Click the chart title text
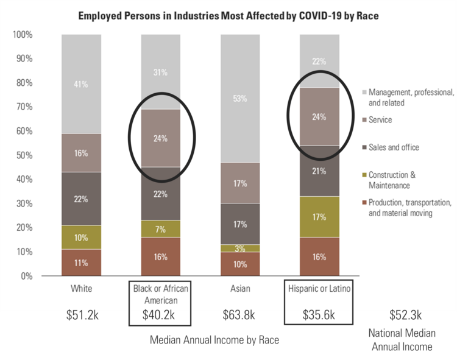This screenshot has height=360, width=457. click(228, 15)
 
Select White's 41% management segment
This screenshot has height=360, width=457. click(81, 84)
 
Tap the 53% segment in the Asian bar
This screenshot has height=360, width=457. click(240, 99)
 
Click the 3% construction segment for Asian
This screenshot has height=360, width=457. click(240, 248)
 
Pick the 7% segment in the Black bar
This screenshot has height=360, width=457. click(161, 228)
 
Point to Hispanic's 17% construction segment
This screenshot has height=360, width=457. click(320, 216)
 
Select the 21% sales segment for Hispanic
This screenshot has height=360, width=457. click(320, 171)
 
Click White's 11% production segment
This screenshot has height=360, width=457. click(81, 263)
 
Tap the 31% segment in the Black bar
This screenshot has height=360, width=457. click(161, 72)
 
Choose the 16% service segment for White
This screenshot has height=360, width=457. click(81, 153)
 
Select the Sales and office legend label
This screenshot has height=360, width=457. click(394, 147)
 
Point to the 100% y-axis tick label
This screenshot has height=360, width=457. click(22, 35)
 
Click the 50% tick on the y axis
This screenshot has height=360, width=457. click(24, 155)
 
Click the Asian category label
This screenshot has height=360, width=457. click(240, 289)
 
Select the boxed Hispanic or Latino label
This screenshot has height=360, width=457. click(320, 289)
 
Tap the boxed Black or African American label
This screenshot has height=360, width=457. click(161, 294)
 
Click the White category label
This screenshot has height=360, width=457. click(81, 289)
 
